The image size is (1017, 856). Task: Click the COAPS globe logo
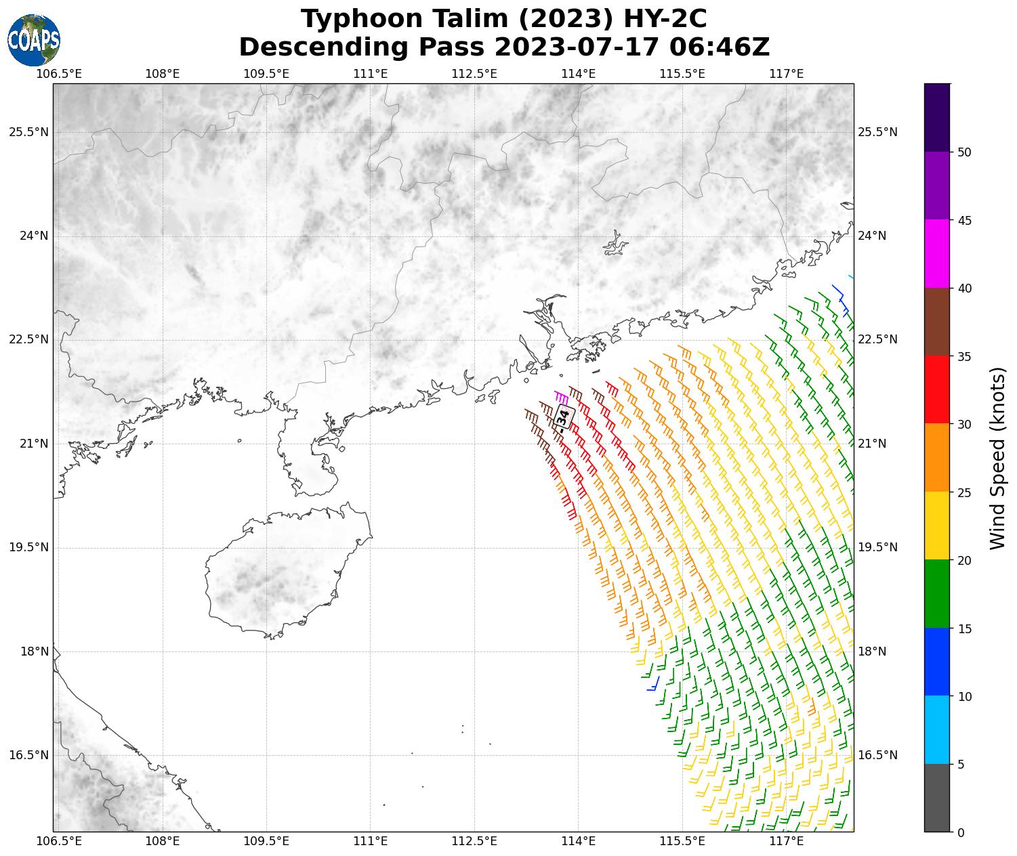34,40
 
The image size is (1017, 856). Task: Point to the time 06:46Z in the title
719,47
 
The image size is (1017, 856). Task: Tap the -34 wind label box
564,418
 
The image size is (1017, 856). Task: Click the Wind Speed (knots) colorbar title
997,458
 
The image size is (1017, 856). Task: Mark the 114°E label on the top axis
579,73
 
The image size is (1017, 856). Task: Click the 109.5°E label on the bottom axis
266,842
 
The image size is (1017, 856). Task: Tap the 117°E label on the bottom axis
787,842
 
